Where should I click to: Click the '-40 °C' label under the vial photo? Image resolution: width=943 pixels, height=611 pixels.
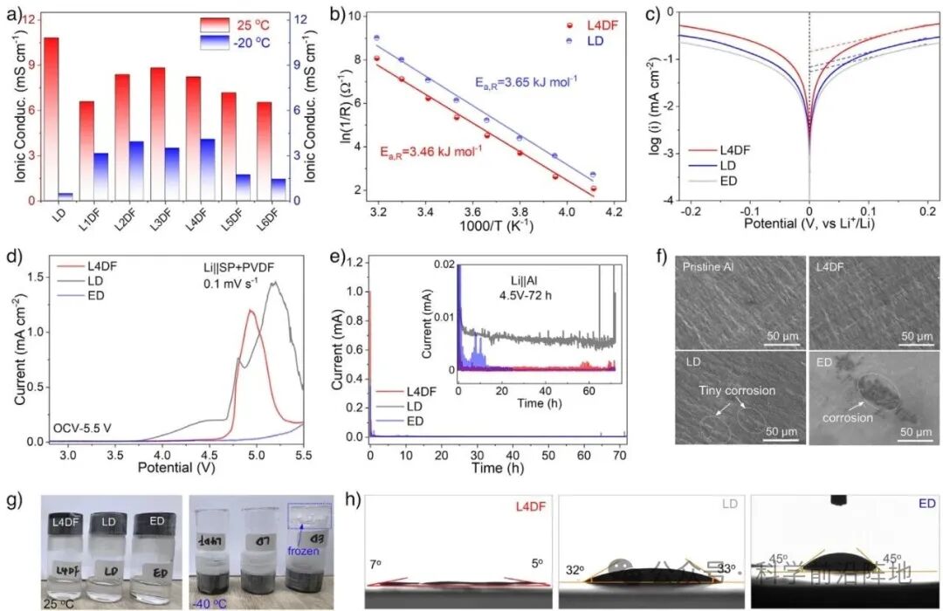[x=214, y=602]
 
